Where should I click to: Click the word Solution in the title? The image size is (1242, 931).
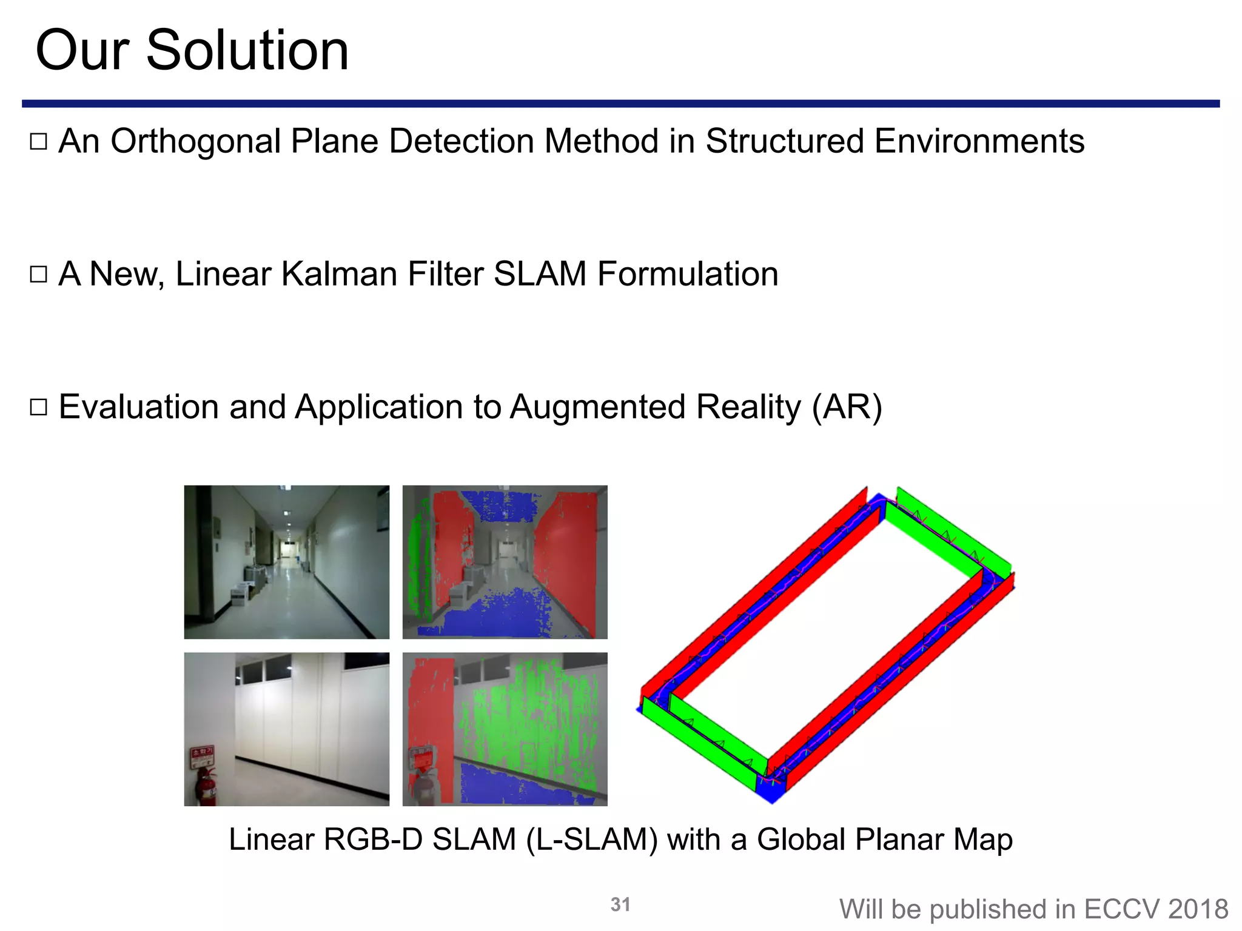[247, 51]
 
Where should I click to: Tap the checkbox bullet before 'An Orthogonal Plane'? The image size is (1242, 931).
[38, 142]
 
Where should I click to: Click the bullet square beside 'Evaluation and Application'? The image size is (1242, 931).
[38, 407]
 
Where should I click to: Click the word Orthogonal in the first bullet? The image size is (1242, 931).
[195, 142]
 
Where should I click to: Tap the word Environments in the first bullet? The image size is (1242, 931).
[979, 142]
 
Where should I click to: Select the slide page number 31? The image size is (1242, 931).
[620, 904]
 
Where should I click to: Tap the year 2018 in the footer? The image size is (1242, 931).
[1198, 909]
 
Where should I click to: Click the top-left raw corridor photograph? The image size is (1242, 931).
[286, 562]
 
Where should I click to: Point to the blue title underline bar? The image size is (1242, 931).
[620, 104]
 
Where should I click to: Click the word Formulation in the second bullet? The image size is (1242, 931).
[688, 274]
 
